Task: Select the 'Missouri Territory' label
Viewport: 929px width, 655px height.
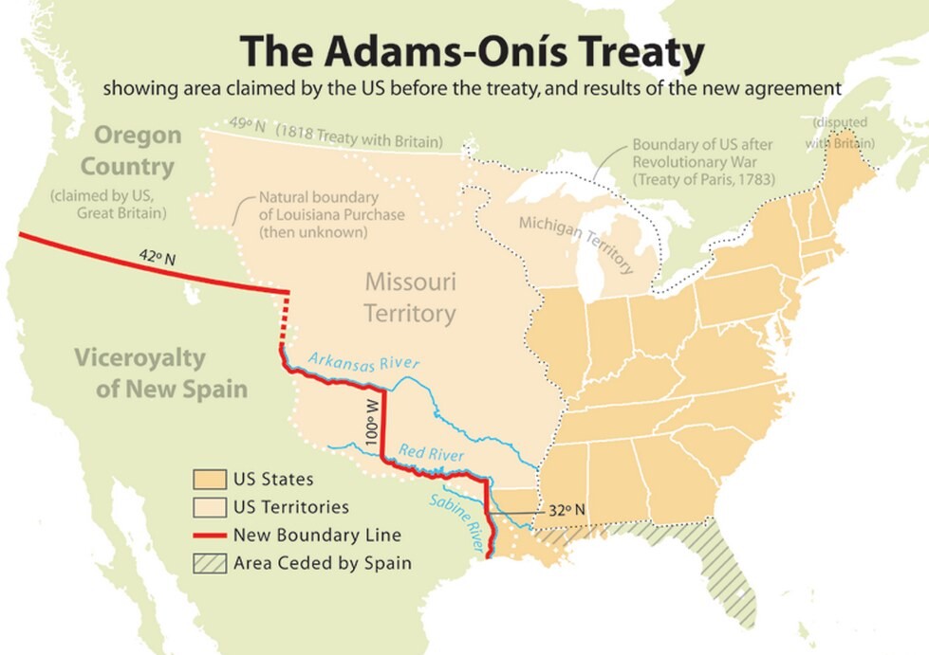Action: tap(411, 297)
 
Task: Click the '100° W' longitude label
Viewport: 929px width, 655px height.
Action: tap(371, 419)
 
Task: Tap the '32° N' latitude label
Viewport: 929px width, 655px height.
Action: tap(567, 511)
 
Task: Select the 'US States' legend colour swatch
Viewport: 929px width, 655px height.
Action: tap(209, 480)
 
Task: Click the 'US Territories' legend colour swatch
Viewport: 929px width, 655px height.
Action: tap(209, 507)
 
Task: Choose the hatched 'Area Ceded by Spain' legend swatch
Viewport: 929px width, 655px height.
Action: tap(209, 563)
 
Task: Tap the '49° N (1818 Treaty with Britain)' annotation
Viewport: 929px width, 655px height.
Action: tap(337, 134)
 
